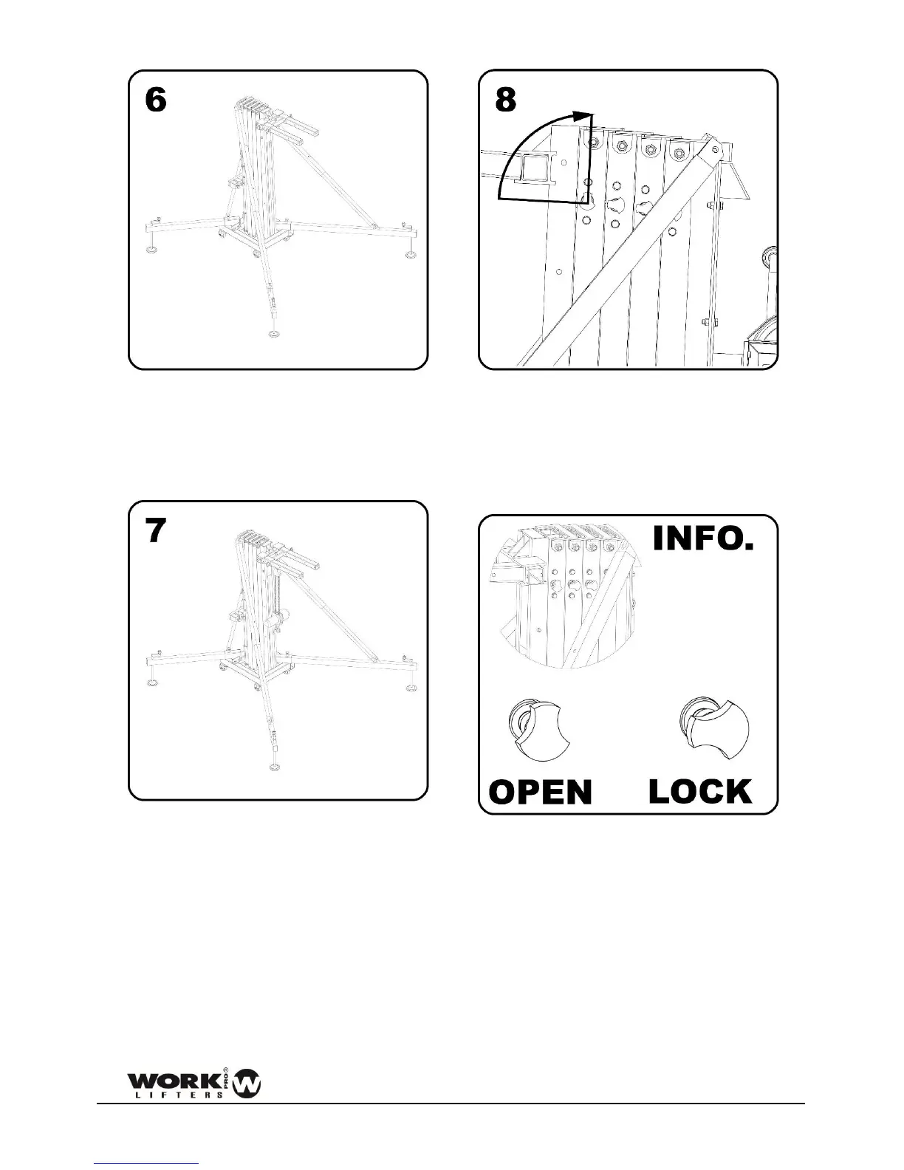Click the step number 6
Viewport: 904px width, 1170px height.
[155, 100]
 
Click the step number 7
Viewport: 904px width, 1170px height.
[155, 530]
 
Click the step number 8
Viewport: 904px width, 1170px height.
[505, 100]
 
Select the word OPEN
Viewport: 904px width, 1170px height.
[541, 793]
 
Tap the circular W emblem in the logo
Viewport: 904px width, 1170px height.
[247, 1084]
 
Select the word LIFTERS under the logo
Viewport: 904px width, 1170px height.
[177, 1094]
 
